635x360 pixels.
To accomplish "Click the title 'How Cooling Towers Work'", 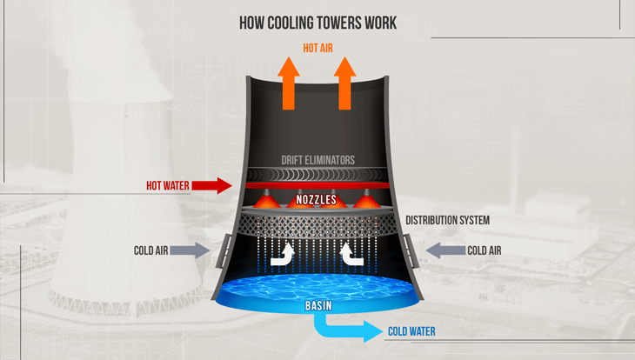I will (x=317, y=23).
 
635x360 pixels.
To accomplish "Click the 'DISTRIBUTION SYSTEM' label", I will (x=446, y=221).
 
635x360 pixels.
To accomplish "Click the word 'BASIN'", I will (x=317, y=305).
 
